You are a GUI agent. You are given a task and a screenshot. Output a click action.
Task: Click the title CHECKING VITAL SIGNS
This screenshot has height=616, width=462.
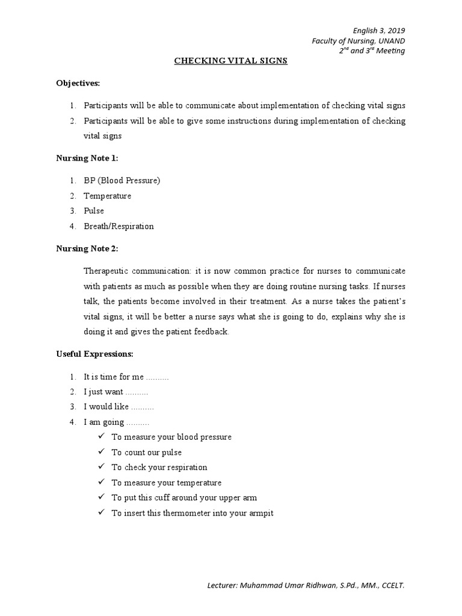231,61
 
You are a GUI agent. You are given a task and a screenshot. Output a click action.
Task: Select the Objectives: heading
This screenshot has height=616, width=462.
78,82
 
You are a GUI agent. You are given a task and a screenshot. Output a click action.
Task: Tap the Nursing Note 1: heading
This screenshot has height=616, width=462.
87,158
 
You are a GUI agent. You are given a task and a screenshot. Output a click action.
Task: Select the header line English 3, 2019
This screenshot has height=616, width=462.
379,31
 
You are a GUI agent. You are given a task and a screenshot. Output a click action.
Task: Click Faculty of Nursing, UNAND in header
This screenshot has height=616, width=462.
358,40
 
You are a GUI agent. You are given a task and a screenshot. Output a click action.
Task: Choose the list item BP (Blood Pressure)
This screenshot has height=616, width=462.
122,180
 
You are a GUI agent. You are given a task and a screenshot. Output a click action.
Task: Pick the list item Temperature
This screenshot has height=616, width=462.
107,196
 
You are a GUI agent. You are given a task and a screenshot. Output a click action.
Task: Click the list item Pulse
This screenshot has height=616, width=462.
94,211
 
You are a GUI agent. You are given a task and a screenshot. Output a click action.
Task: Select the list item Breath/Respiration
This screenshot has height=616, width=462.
119,226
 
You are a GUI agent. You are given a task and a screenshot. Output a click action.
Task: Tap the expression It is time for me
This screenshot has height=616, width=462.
114,377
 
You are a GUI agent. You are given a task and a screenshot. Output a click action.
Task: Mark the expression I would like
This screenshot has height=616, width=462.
106,407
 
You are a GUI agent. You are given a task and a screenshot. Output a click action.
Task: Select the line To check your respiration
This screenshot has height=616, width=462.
159,467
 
